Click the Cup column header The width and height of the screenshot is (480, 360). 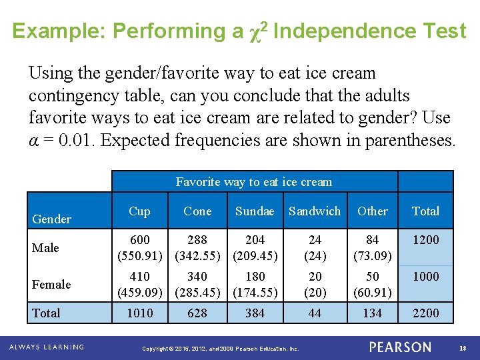pyautogui.click(x=139, y=211)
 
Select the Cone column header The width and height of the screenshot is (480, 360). pyautogui.click(x=197, y=211)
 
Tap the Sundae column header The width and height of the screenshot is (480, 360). pyautogui.click(x=255, y=211)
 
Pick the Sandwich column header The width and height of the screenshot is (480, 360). pyautogui.click(x=315, y=211)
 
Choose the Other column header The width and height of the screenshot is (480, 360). pyautogui.click(x=372, y=211)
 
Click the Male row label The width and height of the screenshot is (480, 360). pyautogui.click(x=46, y=248)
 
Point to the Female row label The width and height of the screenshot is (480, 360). pyautogui.click(x=51, y=285)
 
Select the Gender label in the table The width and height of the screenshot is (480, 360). pyautogui.click(x=52, y=219)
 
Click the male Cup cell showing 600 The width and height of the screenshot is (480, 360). pyautogui.click(x=140, y=240)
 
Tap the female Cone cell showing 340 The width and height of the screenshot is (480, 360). pyautogui.click(x=197, y=277)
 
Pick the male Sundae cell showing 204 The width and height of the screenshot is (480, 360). pyautogui.click(x=255, y=240)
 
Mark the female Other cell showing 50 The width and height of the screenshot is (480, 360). pyautogui.click(x=372, y=277)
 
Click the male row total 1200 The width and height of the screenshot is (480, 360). pyautogui.click(x=426, y=240)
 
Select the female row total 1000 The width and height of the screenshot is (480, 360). pyautogui.click(x=426, y=277)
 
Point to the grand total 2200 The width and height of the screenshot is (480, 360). pyautogui.click(x=426, y=313)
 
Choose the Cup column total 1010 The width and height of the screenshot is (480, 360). pyautogui.click(x=140, y=313)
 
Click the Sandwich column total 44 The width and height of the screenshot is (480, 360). pyautogui.click(x=315, y=313)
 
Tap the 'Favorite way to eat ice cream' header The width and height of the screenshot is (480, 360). pyautogui.click(x=254, y=182)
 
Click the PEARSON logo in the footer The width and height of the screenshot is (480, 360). pyautogui.click(x=400, y=347)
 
